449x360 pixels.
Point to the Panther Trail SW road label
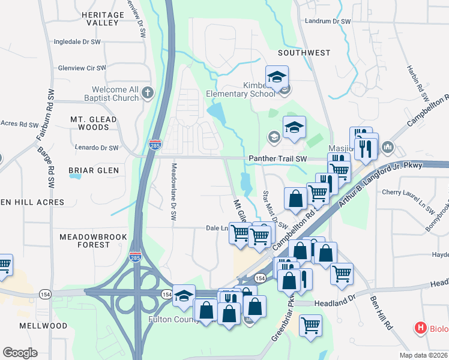click(x=278, y=158)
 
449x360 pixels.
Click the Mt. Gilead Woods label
click(x=94, y=123)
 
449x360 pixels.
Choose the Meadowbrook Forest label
click(x=93, y=241)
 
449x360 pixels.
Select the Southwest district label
click(x=304, y=53)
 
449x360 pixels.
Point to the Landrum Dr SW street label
click(x=327, y=21)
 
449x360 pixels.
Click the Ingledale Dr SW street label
click(x=80, y=42)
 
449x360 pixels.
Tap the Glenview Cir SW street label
click(x=82, y=68)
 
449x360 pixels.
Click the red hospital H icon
click(x=421, y=328)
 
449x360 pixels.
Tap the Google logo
click(x=20, y=353)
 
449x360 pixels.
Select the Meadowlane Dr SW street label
click(x=174, y=186)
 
